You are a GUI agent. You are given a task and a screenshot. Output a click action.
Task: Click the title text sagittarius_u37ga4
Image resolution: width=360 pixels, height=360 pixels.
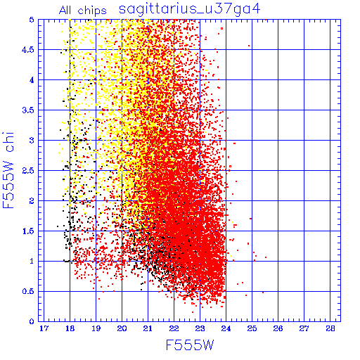click(x=190, y=10)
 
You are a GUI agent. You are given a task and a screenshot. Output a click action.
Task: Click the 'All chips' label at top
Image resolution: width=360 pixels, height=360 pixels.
click(x=83, y=11)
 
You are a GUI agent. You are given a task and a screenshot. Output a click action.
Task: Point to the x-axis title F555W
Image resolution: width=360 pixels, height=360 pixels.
click(x=190, y=345)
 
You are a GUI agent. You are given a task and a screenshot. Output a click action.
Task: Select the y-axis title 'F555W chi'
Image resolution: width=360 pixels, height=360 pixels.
click(x=8, y=170)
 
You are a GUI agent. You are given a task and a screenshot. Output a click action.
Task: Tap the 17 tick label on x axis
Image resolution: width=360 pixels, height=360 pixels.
click(x=44, y=328)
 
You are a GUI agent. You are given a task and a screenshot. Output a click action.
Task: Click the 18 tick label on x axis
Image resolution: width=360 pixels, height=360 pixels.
click(x=70, y=328)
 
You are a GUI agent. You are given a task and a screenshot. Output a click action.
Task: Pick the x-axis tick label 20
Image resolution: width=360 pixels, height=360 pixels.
click(x=122, y=328)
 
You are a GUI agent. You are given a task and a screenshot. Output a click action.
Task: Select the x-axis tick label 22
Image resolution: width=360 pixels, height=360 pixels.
click(x=174, y=328)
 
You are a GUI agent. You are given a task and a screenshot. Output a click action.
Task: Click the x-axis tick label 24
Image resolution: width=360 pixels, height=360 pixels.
click(x=226, y=328)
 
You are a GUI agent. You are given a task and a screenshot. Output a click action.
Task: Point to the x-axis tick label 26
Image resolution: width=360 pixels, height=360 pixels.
click(x=278, y=328)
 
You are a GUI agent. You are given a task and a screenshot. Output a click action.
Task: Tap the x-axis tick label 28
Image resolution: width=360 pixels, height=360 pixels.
click(x=330, y=328)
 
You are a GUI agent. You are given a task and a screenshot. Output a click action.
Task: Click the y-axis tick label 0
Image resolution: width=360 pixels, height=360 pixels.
click(x=32, y=321)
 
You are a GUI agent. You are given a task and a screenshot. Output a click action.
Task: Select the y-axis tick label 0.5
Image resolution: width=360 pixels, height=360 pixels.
click(x=28, y=291)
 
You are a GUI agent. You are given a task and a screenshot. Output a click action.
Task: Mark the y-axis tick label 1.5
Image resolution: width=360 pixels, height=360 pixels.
click(x=28, y=231)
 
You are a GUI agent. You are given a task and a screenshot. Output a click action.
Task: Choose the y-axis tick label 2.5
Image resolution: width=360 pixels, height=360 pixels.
click(x=28, y=171)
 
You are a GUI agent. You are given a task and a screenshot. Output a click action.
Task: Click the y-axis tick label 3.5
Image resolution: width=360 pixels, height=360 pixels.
click(x=28, y=110)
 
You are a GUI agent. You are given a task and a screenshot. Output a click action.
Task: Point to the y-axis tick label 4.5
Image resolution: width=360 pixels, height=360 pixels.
click(x=28, y=50)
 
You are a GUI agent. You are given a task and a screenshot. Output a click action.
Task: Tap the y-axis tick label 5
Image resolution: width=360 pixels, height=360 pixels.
click(x=32, y=20)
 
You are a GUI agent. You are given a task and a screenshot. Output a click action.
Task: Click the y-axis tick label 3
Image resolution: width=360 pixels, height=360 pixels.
click(x=32, y=141)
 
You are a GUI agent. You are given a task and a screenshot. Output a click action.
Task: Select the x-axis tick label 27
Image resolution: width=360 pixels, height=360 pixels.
click(x=304, y=328)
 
